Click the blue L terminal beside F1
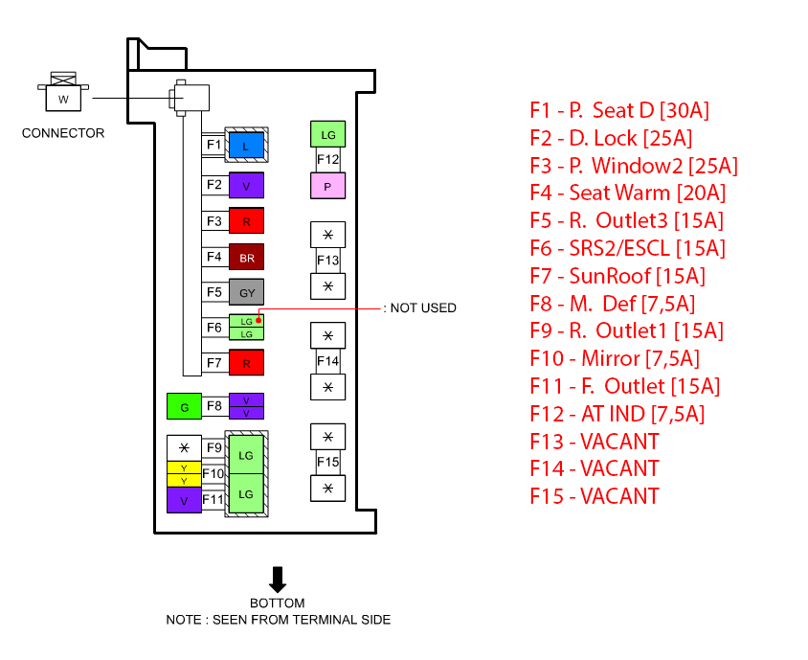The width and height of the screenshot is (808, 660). click(246, 146)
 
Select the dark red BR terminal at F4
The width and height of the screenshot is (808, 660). click(246, 257)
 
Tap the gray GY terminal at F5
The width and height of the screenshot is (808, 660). click(246, 291)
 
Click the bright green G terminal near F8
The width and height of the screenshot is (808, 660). click(184, 406)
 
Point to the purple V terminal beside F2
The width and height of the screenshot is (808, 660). click(246, 185)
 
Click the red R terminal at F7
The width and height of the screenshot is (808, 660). click(246, 362)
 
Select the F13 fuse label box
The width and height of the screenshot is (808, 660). click(328, 260)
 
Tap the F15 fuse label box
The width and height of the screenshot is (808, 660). click(328, 462)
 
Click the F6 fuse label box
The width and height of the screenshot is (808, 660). click(214, 328)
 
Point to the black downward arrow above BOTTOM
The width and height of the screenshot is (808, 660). click(278, 579)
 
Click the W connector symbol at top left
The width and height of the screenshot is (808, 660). click(63, 95)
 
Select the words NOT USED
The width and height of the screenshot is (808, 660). click(423, 308)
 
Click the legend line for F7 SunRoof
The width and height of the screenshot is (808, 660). click(617, 276)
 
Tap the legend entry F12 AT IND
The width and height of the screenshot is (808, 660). click(617, 414)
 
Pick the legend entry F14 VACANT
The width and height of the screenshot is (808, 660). click(595, 468)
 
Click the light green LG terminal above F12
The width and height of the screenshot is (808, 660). click(327, 134)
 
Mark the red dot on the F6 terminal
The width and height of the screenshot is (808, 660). click(258, 320)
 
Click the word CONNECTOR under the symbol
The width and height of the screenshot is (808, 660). click(63, 133)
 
